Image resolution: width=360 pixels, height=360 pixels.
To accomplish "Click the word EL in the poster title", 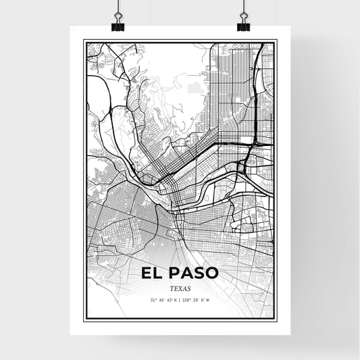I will point(151,274).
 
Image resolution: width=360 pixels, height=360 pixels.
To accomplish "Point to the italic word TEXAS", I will point(180,288).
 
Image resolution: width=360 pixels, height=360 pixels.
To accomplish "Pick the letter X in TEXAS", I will point(180,288).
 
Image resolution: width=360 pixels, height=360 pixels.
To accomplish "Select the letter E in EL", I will point(147,274).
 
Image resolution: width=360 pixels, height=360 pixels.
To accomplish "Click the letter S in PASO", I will point(197,274).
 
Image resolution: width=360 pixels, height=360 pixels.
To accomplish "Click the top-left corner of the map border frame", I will point(83,41).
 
